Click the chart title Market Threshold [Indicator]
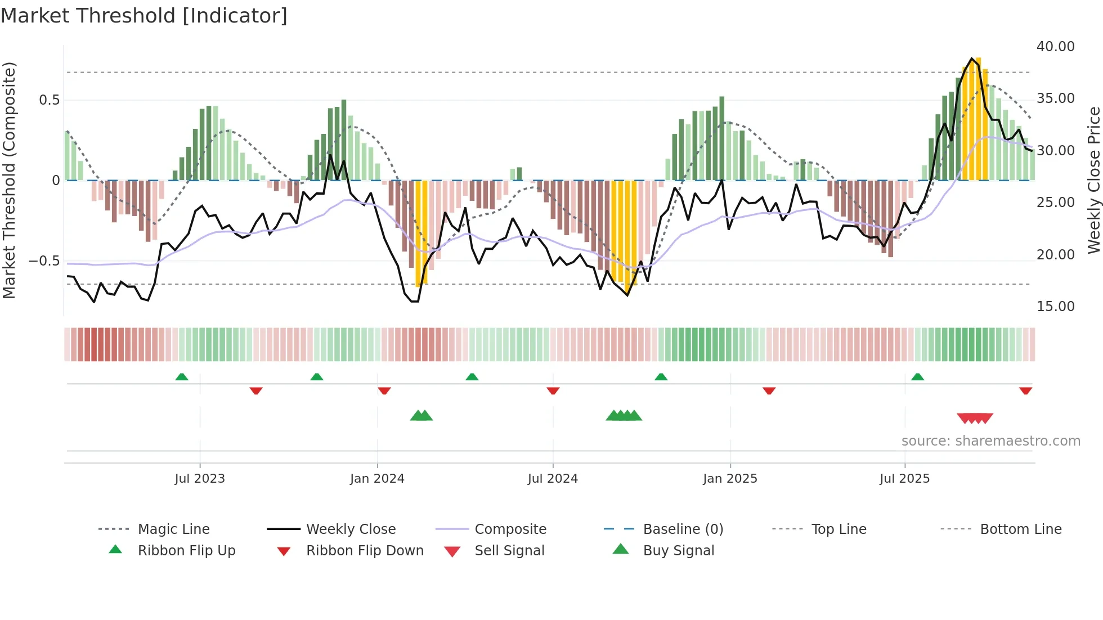(x=144, y=16)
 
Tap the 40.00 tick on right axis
(x=1055, y=47)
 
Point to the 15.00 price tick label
(x=1055, y=307)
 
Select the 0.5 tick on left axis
(x=49, y=100)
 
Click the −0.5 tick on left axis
(x=44, y=261)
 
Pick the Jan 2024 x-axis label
(x=376, y=479)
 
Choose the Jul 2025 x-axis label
(x=904, y=479)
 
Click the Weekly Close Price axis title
(x=1093, y=180)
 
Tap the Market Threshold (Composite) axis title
(x=9, y=180)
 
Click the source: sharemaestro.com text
(x=990, y=441)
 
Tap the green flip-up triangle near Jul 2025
(x=917, y=377)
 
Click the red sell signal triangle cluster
(x=975, y=418)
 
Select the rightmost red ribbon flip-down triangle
(x=1025, y=390)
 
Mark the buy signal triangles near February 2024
(x=422, y=416)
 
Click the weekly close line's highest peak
(x=971, y=59)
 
